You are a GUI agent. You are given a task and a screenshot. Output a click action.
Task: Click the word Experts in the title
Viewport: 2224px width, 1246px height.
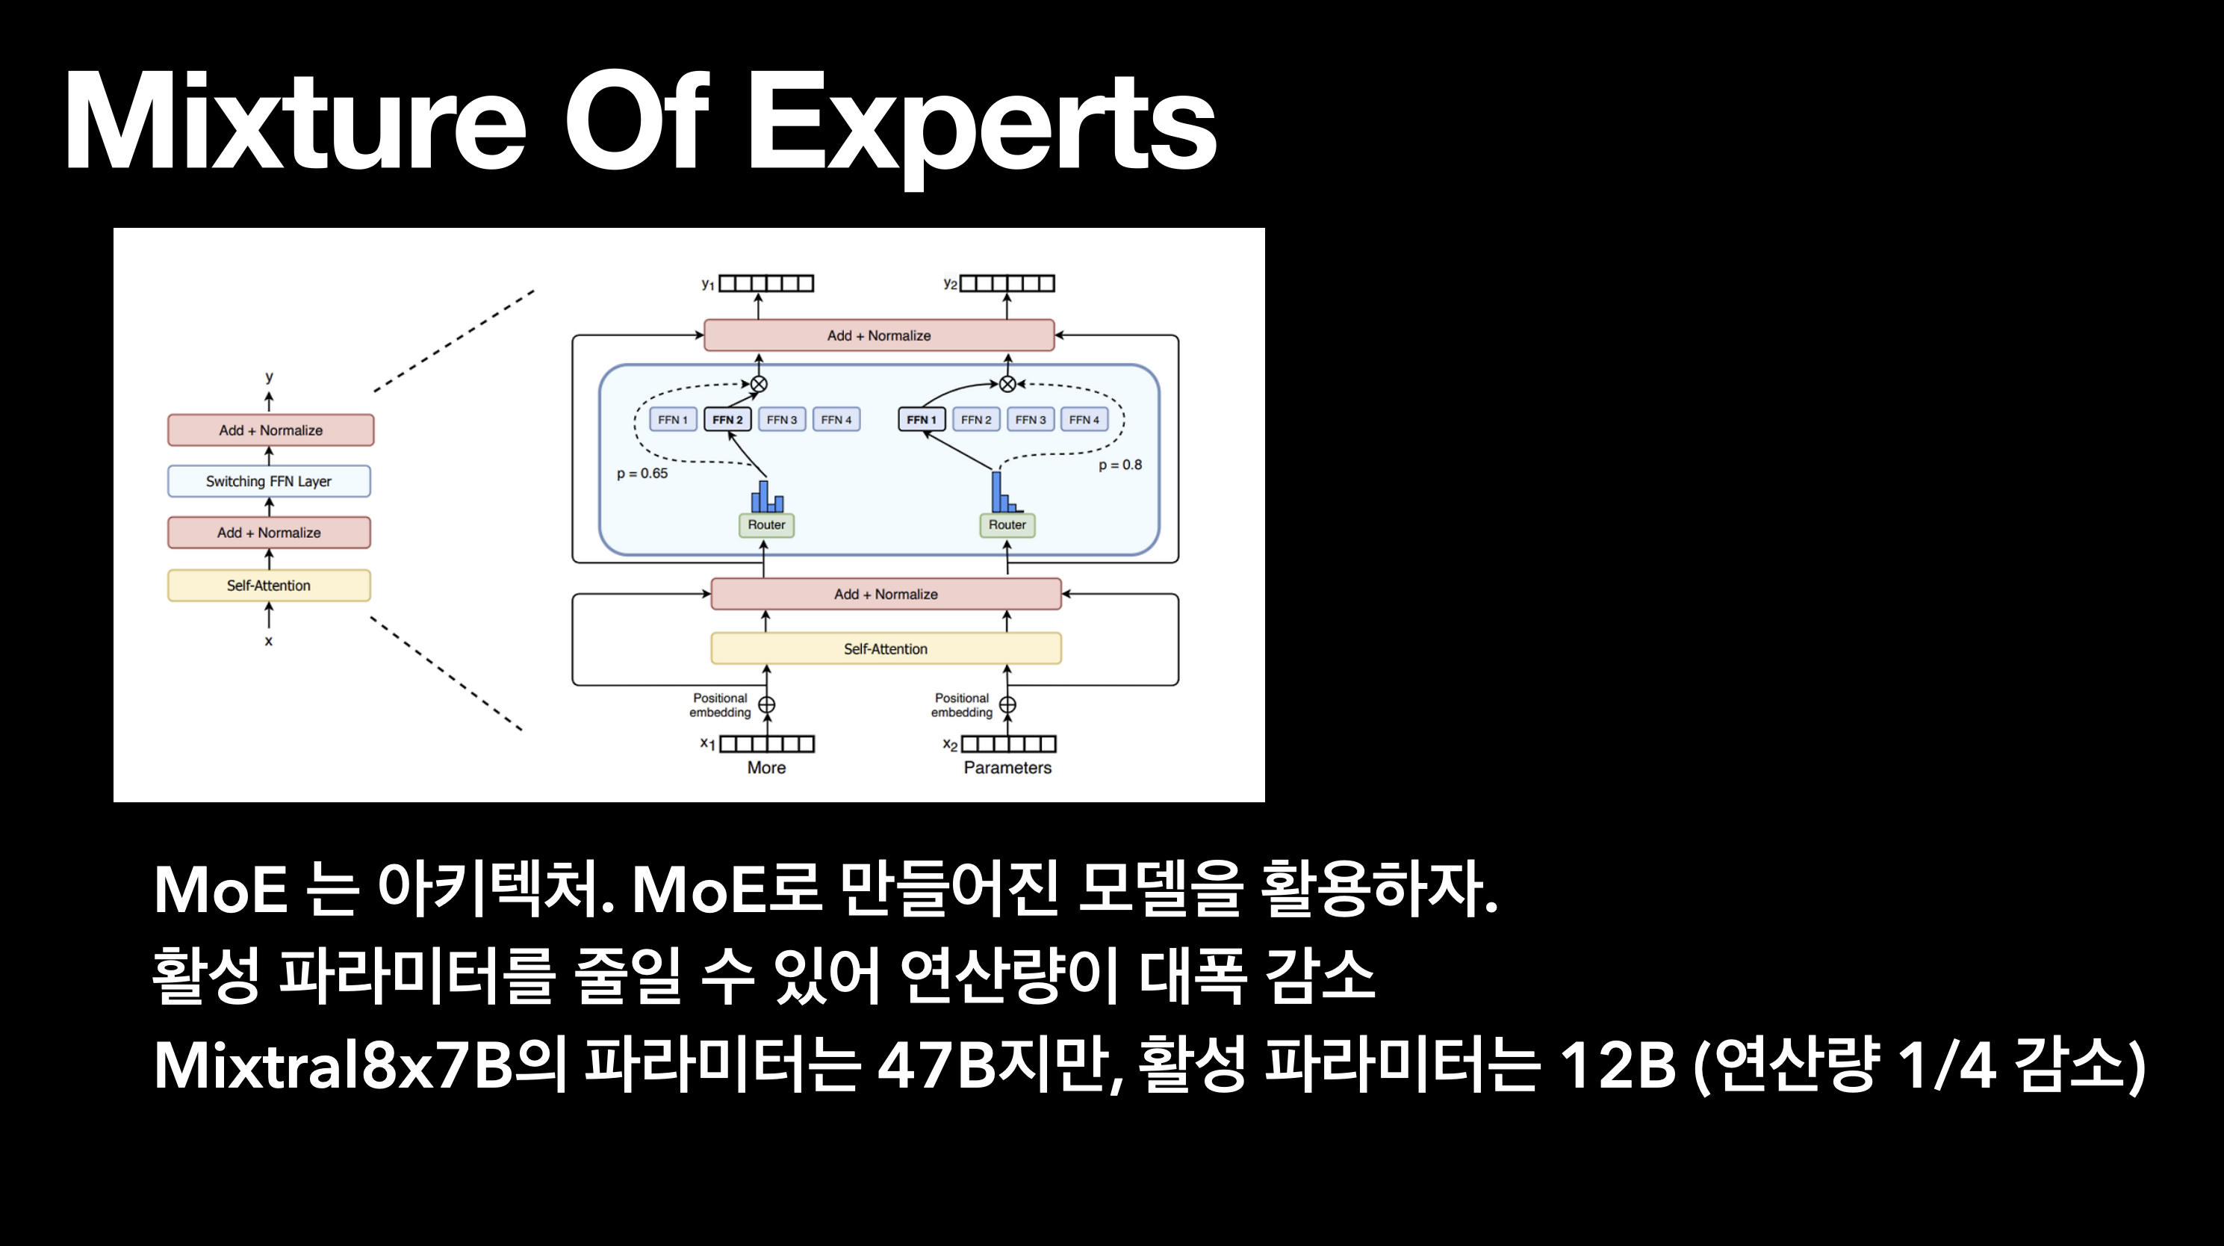tap(981, 123)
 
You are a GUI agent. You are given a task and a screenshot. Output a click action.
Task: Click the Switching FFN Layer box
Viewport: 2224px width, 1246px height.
tap(269, 481)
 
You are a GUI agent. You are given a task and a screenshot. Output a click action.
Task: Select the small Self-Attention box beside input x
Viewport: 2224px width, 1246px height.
tap(269, 586)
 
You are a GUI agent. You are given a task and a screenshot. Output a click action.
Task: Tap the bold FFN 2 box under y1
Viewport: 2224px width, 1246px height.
tap(727, 420)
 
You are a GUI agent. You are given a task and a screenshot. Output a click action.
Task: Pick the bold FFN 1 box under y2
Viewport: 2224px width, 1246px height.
tap(922, 420)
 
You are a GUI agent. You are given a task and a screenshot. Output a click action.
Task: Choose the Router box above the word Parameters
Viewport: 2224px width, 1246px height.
tap(1007, 525)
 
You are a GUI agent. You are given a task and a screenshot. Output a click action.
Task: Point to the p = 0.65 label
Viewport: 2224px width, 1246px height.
tap(642, 473)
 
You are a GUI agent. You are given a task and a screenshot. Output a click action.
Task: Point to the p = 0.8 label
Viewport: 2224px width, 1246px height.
tap(1119, 465)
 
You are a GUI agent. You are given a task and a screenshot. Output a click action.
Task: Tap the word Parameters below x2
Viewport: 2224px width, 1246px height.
tap(1007, 768)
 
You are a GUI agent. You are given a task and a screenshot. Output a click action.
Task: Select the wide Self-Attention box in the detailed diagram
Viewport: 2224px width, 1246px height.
tap(885, 648)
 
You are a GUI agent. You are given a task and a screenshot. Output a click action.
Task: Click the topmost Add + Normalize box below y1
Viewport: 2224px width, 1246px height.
tap(879, 335)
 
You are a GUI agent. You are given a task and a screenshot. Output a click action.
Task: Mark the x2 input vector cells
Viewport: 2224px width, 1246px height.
tap(1008, 743)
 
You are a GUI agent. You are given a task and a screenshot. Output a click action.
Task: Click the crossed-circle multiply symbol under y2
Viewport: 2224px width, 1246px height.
tap(1007, 383)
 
